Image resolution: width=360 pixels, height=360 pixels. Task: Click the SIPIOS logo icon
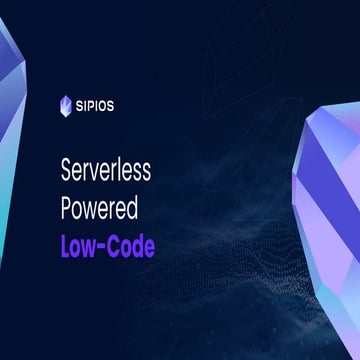pyautogui.click(x=67, y=103)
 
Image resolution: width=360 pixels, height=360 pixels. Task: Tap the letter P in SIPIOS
pyautogui.click(x=93, y=103)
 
